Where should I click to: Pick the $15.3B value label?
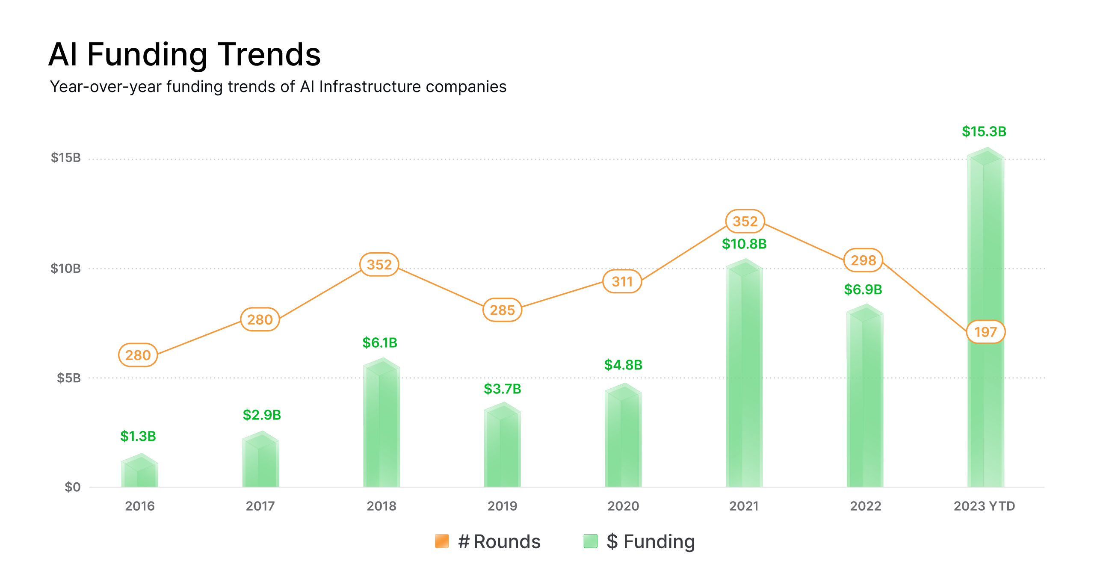(x=984, y=132)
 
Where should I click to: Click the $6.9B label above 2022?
(x=863, y=289)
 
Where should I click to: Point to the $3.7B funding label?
(x=502, y=389)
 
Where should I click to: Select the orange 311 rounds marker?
(x=622, y=282)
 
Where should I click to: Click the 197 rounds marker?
(x=985, y=332)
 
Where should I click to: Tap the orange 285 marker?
(x=502, y=310)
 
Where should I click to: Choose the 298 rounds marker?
(x=864, y=260)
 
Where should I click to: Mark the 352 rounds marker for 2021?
(x=745, y=222)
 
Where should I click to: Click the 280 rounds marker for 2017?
(x=260, y=319)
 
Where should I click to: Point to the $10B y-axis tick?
(x=65, y=269)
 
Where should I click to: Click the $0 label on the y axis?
(x=73, y=487)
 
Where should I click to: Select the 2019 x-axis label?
(x=502, y=506)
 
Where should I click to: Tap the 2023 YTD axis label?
(x=984, y=506)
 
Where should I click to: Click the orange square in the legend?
(x=442, y=541)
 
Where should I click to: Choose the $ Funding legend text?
(x=651, y=541)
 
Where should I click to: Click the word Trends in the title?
(x=269, y=55)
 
